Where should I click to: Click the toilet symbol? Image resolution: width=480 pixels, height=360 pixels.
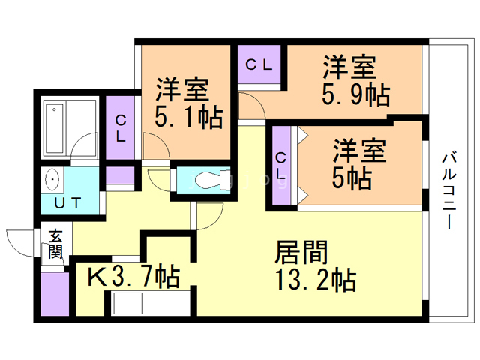click(x=212, y=181)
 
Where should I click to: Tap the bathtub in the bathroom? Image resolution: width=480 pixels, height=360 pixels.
click(x=55, y=128)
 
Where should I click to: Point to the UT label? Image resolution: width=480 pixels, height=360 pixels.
click(x=67, y=202)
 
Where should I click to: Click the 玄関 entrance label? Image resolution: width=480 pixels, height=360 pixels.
click(x=55, y=244)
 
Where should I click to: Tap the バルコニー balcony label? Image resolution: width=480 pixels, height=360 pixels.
click(x=449, y=191)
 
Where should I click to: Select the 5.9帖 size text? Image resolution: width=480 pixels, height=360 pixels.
click(x=356, y=94)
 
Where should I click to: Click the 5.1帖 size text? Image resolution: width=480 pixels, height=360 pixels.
click(x=188, y=117)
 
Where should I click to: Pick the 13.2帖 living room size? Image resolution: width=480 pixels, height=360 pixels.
click(x=316, y=279)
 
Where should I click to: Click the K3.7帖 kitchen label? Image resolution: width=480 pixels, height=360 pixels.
click(x=133, y=277)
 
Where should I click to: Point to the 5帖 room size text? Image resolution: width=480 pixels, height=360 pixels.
click(x=352, y=178)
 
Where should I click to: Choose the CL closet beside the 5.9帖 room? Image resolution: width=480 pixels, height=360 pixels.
click(x=259, y=64)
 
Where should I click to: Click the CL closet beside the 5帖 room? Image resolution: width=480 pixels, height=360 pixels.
click(x=280, y=166)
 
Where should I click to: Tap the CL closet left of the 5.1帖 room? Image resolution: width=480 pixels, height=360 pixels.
click(x=121, y=127)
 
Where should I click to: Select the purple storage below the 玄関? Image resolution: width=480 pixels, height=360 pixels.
click(x=55, y=294)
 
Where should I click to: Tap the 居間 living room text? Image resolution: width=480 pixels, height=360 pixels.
click(x=301, y=252)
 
